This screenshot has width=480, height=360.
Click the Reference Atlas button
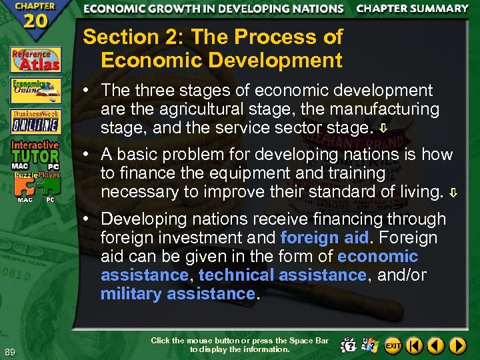[x=35, y=59]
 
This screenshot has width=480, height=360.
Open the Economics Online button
[x=35, y=90]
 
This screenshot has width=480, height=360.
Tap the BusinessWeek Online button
[x=35, y=121]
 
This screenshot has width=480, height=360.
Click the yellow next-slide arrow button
[x=457, y=345]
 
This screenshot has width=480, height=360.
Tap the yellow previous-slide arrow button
[x=436, y=345]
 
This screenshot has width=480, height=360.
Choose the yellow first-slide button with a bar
[x=415, y=345]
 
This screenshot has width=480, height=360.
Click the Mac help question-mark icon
[x=348, y=345]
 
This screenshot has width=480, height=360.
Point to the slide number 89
[x=10, y=352]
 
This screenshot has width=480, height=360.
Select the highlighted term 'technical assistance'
[x=282, y=275]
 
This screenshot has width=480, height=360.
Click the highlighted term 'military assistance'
[x=177, y=293]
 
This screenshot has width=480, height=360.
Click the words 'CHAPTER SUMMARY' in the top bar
[x=412, y=9]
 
